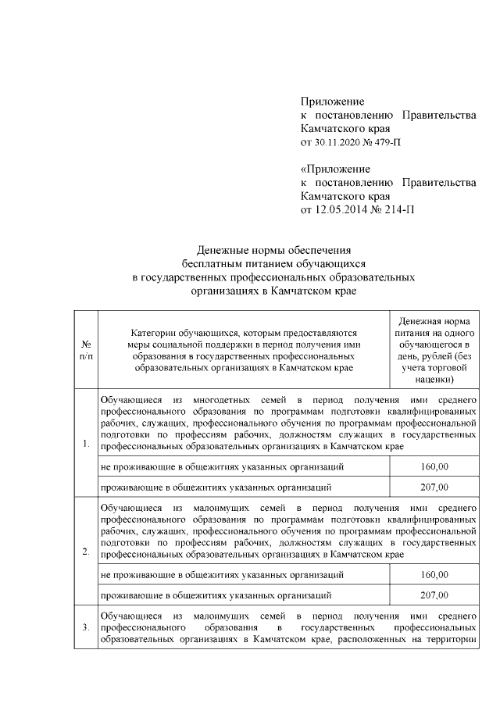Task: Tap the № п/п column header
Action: [85, 349]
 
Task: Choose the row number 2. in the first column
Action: [85, 553]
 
